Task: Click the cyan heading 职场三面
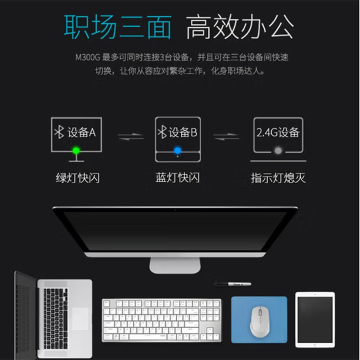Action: (117, 27)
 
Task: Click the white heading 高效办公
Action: (240, 27)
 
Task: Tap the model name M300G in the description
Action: (88, 57)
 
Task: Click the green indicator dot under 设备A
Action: (76, 151)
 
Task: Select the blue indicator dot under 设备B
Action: (177, 151)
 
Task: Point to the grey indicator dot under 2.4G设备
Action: (278, 151)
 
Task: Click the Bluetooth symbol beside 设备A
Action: (59, 132)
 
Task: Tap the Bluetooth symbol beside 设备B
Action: (162, 132)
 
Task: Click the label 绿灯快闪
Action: (78, 178)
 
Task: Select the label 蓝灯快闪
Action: (177, 177)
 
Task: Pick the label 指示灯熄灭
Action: (278, 178)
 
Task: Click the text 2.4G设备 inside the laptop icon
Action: (278, 132)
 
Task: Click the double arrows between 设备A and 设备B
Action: (130, 137)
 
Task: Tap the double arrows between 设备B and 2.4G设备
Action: (226, 137)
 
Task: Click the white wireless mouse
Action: (259, 321)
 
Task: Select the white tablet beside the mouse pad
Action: (315, 319)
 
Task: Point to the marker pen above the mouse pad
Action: (233, 284)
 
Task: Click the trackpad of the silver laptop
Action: (80, 319)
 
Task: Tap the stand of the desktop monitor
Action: (175, 265)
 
